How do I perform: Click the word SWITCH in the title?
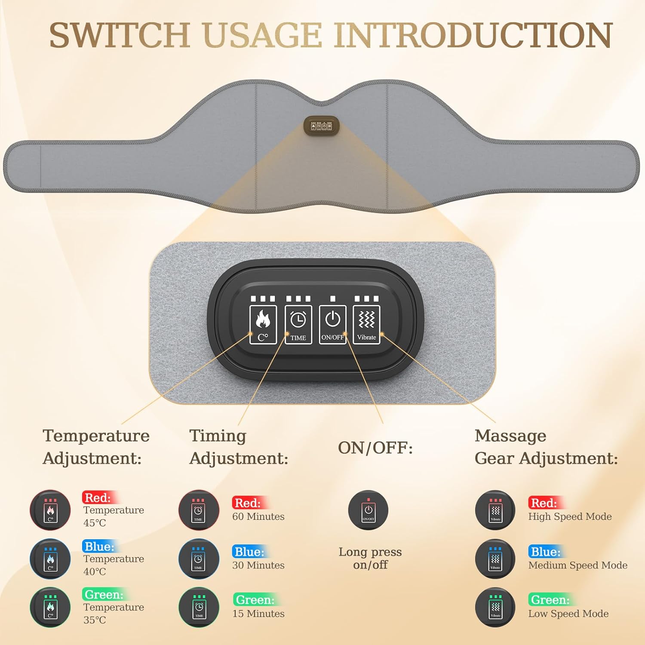120,35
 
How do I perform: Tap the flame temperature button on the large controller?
263,325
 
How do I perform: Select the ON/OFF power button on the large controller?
332,325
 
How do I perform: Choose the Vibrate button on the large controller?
366,325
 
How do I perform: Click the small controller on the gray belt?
322,125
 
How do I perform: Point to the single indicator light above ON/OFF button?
332,298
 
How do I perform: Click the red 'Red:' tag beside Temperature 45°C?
97,498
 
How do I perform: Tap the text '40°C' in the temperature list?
95,571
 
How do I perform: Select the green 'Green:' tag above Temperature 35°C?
104,594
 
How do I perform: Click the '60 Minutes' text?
258,516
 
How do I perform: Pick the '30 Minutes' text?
258,565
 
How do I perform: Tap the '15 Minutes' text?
258,614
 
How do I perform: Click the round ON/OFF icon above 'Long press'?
368,510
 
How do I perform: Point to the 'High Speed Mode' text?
570,516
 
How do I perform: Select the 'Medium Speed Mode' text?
578,565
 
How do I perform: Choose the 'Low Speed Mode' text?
568,614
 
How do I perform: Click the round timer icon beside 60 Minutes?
199,510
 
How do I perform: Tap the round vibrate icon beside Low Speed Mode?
495,607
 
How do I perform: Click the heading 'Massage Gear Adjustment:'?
546,447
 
